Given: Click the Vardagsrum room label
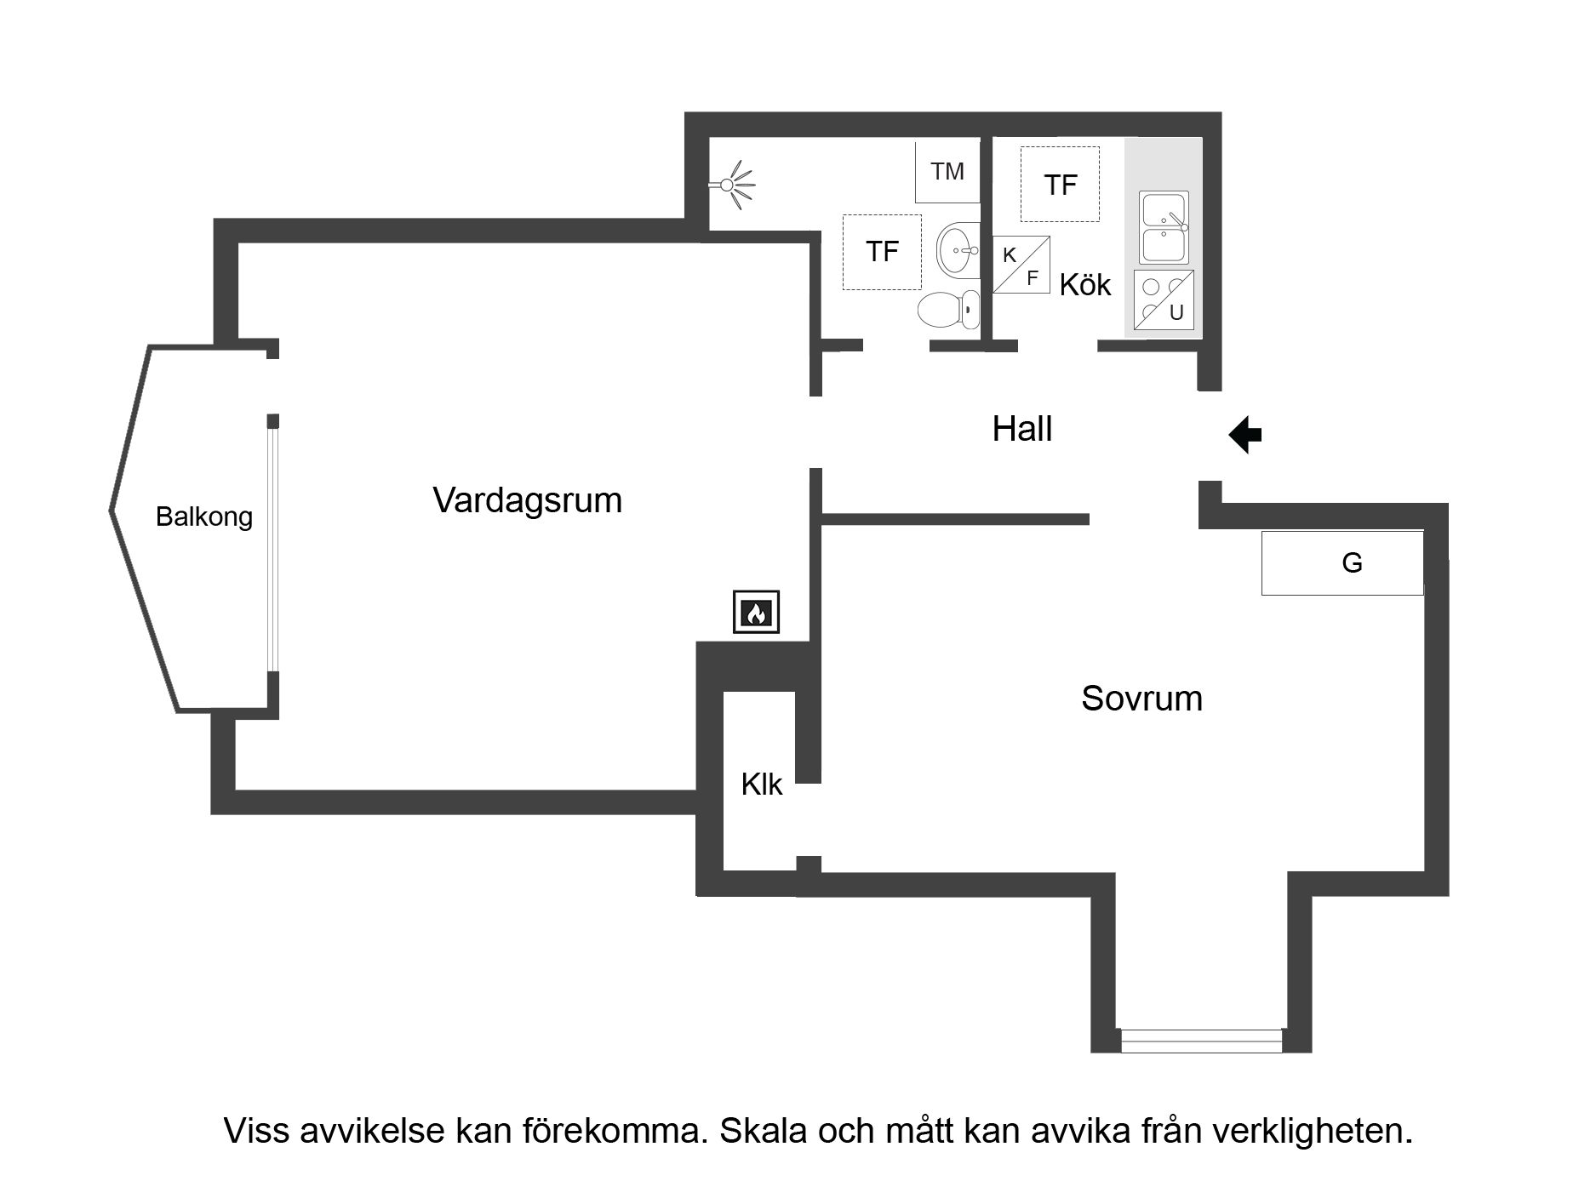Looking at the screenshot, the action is point(527,500).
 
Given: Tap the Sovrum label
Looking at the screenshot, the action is point(1141,699).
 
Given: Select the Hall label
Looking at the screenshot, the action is point(1021,429).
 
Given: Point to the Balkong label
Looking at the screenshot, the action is point(204,516).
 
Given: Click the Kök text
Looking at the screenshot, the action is point(1085,284).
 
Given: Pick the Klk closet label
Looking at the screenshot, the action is point(761,785).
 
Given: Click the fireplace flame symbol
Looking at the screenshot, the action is point(756,612).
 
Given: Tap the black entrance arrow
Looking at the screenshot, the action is point(1244,435).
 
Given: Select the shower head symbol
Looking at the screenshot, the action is point(732,184).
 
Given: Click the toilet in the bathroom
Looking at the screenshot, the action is point(948,309).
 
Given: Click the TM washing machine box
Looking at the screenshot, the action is point(947,171).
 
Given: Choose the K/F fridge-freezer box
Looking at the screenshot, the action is point(1021,265).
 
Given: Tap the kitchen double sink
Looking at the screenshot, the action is point(1164,227).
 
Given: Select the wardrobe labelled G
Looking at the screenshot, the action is point(1342,562).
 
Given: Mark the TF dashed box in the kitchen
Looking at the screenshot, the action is point(1060,184).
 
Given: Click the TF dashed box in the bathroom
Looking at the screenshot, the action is point(882,252).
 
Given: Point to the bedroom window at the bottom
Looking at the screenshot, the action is point(1201,1040).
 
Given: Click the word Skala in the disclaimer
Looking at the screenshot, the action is point(764,1131).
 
